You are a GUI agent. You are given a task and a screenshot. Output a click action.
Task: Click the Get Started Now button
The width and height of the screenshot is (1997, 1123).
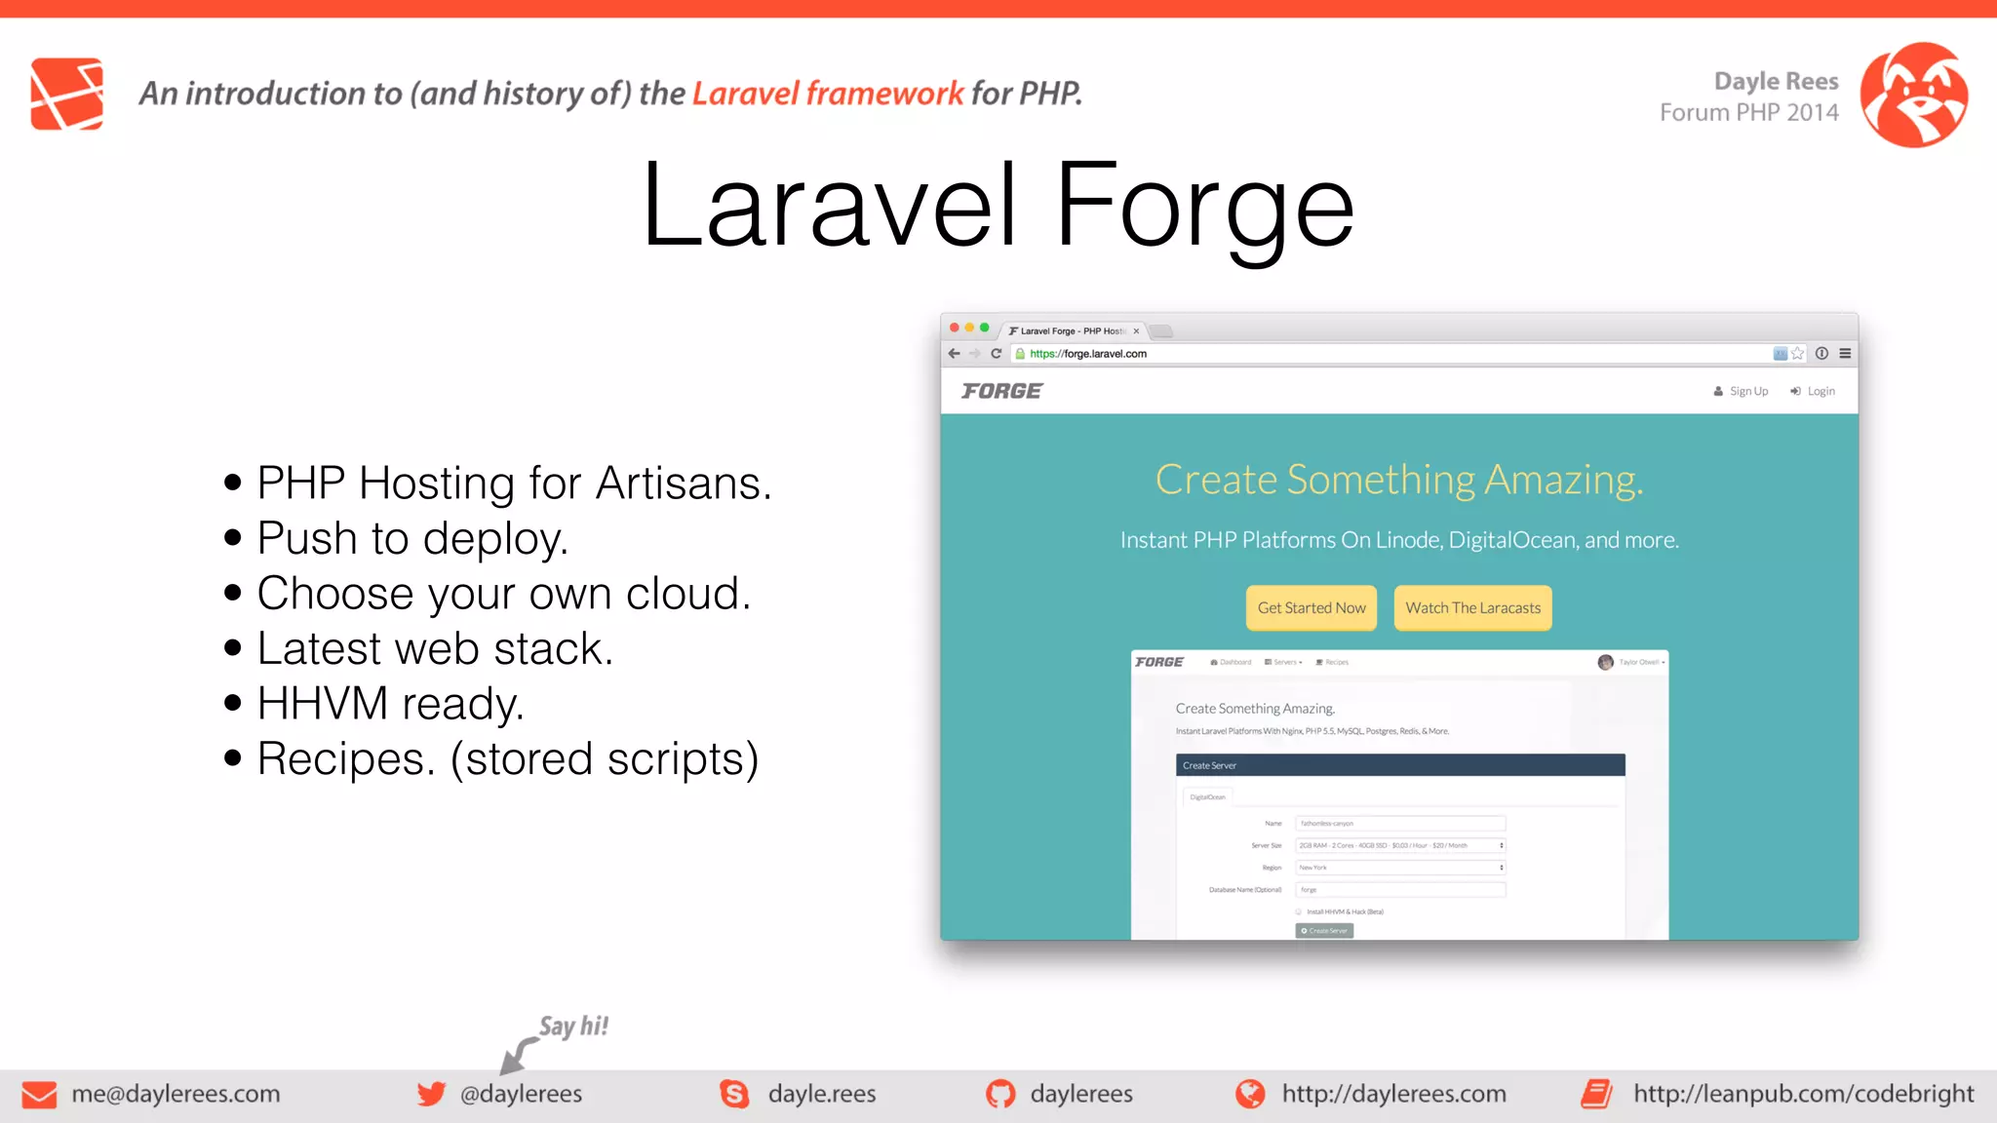1311,607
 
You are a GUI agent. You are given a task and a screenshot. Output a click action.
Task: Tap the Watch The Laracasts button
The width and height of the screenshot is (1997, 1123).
1472,607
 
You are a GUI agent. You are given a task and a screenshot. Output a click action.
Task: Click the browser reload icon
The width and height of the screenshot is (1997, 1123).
996,354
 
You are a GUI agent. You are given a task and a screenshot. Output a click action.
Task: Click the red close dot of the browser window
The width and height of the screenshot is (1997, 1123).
955,328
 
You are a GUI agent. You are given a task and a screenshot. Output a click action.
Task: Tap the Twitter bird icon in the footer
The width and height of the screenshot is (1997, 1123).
431,1094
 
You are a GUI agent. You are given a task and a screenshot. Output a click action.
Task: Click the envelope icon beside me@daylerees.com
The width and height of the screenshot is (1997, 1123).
39,1095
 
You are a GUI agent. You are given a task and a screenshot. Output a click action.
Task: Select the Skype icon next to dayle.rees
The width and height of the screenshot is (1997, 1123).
734,1094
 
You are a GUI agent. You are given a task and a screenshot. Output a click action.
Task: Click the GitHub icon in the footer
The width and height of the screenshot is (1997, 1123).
999,1094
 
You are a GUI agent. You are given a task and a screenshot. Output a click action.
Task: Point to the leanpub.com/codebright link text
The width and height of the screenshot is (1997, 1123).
1803,1094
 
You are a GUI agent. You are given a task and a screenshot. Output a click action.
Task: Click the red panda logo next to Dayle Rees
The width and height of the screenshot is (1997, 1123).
1913,95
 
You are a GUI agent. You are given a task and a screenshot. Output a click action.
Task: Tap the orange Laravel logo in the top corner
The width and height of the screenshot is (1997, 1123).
66,94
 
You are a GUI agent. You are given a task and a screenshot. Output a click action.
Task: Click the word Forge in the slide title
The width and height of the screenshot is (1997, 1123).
1204,207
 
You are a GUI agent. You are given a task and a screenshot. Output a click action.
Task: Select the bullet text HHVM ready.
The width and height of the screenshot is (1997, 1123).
390,704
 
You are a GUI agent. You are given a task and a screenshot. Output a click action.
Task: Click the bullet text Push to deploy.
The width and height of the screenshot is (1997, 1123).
411,538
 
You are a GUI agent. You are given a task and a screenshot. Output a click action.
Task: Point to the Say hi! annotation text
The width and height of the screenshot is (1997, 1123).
573,1026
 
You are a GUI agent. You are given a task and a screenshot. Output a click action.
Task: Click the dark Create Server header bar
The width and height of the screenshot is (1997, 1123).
1399,765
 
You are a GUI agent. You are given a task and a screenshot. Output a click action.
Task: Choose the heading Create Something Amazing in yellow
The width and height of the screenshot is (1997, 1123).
1398,480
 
